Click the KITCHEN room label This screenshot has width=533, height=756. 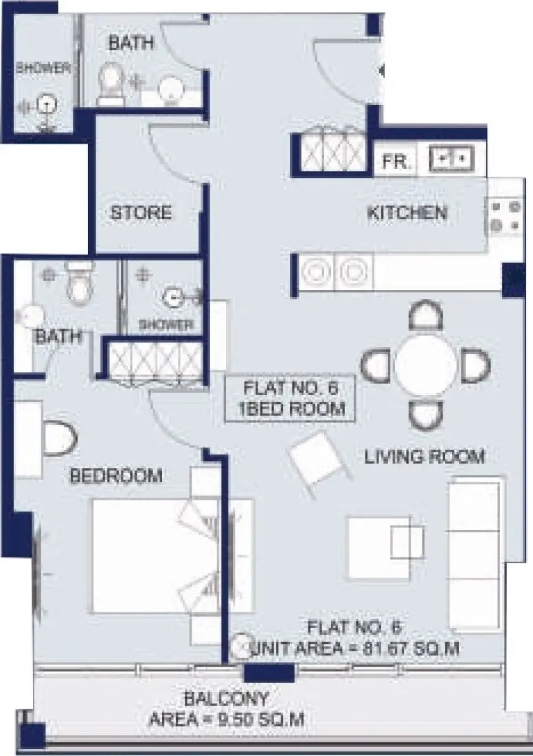pos(407,213)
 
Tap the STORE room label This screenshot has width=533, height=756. pos(141,213)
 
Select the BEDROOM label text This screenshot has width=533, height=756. pos(117,476)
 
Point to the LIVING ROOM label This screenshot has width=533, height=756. pos(424,456)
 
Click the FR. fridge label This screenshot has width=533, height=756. pos(397,162)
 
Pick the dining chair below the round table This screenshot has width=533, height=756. pos(425,414)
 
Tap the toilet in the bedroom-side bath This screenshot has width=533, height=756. pos(80,284)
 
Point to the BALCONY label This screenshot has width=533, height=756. pos(227,700)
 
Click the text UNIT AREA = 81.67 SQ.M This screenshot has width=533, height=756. pos(356,647)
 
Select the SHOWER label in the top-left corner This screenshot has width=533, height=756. pos(43,67)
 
